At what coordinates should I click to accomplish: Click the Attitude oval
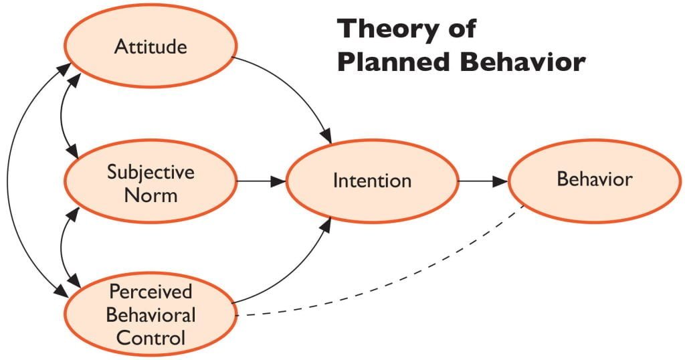pos(151,46)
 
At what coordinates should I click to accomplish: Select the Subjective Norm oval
pos(151,182)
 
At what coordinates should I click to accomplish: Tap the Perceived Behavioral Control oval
pos(151,314)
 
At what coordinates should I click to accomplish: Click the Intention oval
pos(372,181)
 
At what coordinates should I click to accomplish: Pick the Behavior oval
pos(594,180)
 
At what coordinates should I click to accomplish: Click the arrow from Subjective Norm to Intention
pos(261,181)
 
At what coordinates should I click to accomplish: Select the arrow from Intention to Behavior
pos(482,181)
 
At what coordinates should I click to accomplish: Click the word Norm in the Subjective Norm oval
pos(151,195)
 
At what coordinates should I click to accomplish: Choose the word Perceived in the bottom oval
pos(151,292)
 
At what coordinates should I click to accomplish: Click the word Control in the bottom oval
pos(151,337)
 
